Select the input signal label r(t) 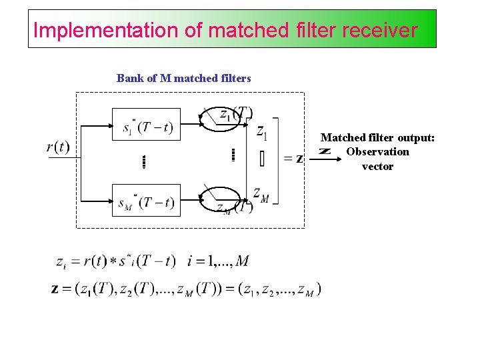pos(58,147)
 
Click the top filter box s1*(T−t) pos(146,125)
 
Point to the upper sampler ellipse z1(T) pos(224,119)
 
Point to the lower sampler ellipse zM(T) pos(225,199)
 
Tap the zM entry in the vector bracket pos(261,194)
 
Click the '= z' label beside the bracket pos(293,158)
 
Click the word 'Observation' pos(377,152)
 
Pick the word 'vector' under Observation pos(377,167)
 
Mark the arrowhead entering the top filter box pos(107,124)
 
